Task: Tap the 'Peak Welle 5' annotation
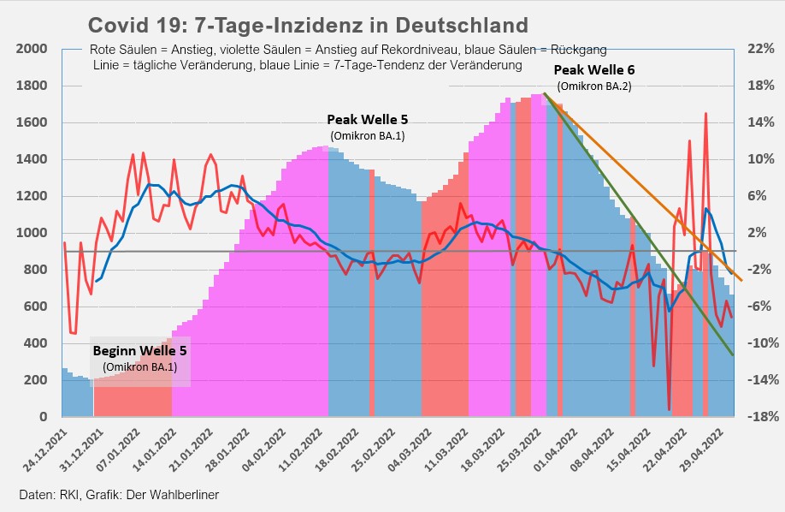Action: coord(368,119)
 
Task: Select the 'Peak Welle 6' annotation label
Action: coord(594,69)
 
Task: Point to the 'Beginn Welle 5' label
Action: coord(139,351)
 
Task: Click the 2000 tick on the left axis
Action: coord(31,50)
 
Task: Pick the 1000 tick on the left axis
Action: coord(31,233)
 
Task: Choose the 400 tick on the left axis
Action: coord(35,343)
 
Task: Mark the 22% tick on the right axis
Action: coord(760,50)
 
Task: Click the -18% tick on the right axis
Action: coord(758,417)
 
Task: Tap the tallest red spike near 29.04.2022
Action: coord(705,113)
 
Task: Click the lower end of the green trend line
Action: coord(733,354)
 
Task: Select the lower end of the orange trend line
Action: coord(741,280)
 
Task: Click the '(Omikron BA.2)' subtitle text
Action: coord(594,86)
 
